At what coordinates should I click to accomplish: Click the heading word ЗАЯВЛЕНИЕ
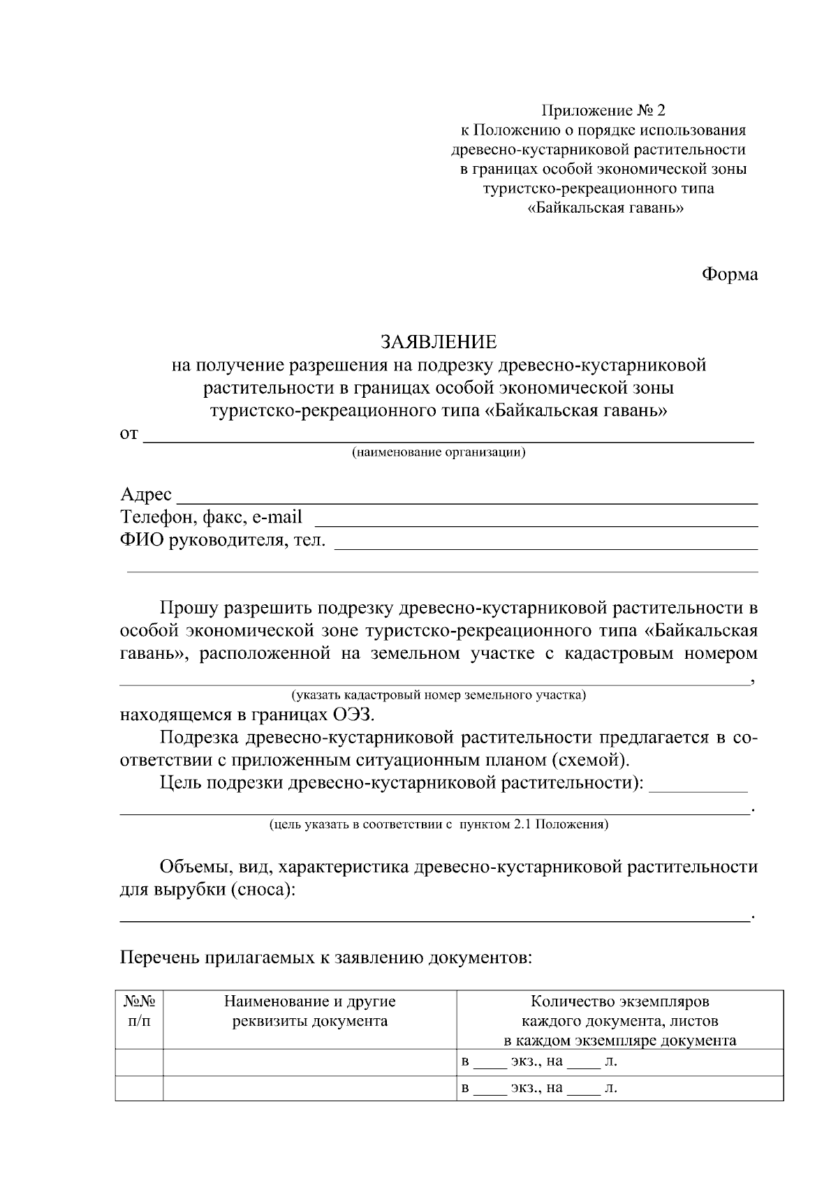tap(438, 342)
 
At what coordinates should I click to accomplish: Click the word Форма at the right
tap(729, 275)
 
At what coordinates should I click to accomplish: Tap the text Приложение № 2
tap(604, 110)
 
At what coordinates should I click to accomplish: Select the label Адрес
tap(146, 494)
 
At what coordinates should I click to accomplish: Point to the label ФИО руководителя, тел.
tap(223, 539)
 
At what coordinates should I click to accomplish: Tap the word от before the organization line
tap(129, 434)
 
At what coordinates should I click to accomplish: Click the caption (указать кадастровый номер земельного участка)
tap(438, 695)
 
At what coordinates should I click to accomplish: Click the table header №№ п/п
tap(139, 1011)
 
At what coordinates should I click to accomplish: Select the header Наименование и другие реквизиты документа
tap(309, 1011)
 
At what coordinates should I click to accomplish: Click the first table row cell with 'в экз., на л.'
tap(619, 1062)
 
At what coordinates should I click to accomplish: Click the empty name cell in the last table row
tap(309, 1088)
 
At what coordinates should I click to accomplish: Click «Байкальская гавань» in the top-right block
tap(605, 208)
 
